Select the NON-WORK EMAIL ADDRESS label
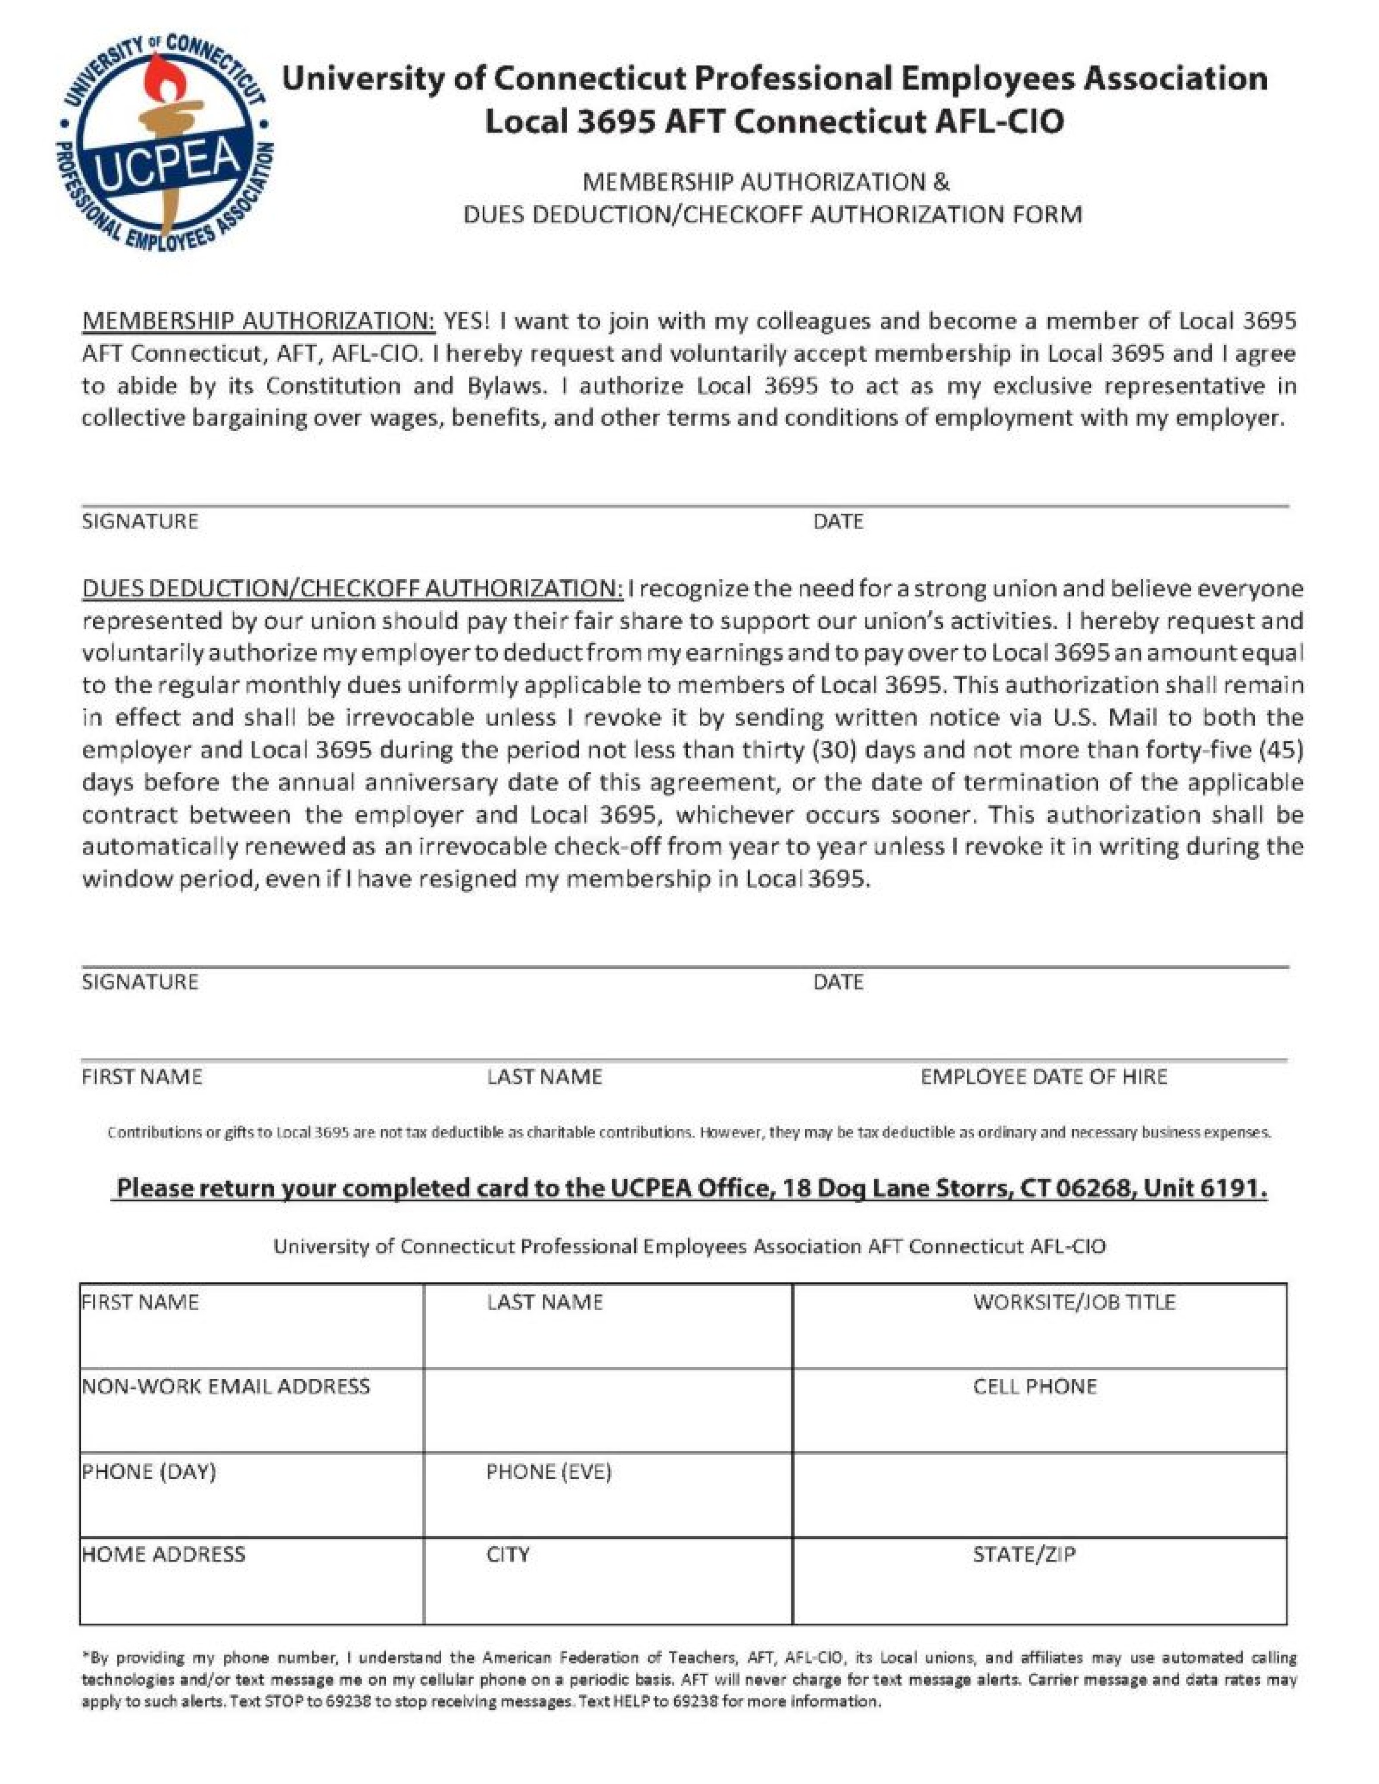click(x=226, y=1386)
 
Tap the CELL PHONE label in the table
click(x=1034, y=1386)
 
